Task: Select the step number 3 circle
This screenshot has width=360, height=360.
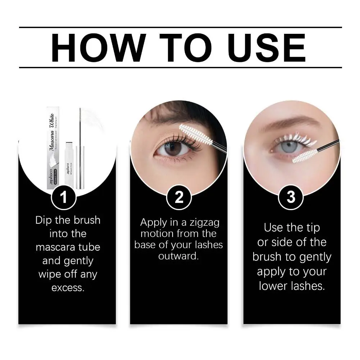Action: (x=291, y=197)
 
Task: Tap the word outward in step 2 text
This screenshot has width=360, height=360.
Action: (x=178, y=257)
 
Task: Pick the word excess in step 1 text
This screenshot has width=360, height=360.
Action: (x=68, y=288)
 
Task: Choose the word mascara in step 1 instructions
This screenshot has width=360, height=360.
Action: (x=68, y=247)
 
